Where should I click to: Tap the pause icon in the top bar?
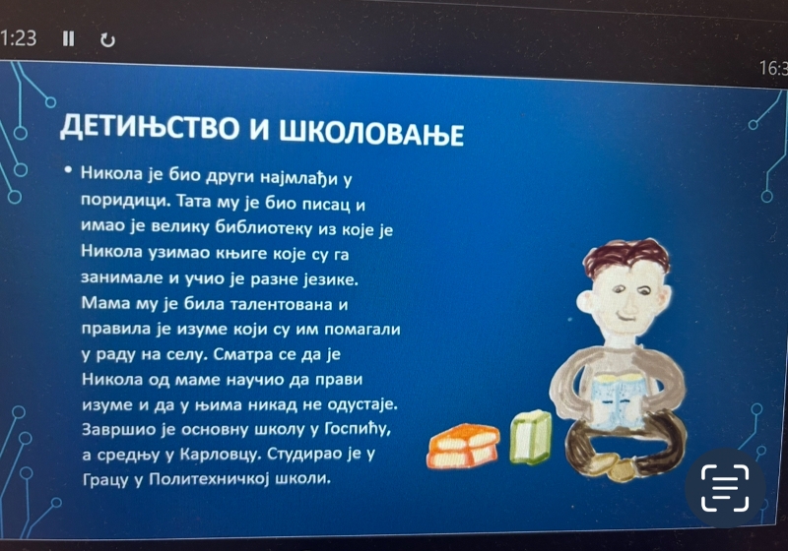[69, 39]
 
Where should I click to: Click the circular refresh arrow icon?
[108, 40]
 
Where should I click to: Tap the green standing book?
[531, 437]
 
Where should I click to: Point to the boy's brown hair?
[625, 258]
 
